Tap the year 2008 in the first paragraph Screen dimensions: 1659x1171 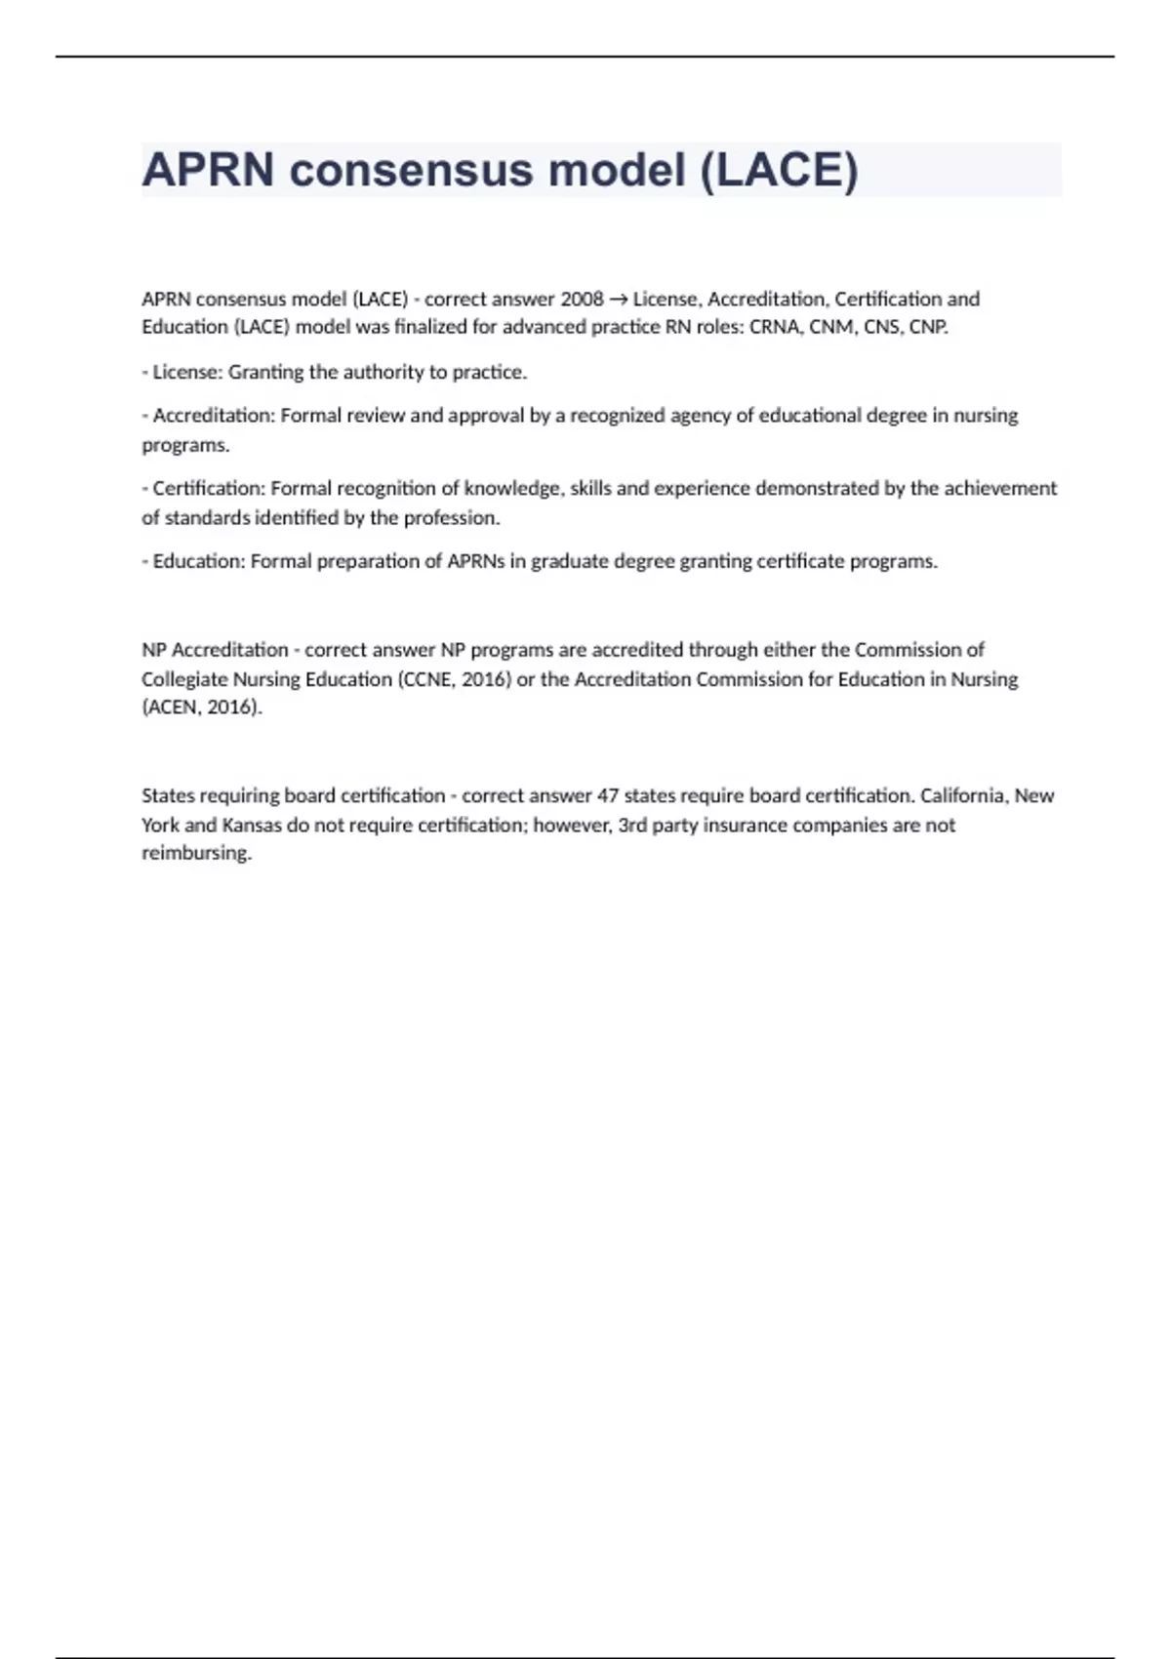point(582,299)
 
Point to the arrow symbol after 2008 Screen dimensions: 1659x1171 point(619,299)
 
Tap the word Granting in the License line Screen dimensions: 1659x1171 point(265,372)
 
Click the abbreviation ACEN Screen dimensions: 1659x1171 point(172,707)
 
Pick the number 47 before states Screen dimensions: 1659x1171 point(608,795)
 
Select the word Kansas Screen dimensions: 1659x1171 point(252,825)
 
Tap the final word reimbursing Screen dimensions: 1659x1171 point(196,853)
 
